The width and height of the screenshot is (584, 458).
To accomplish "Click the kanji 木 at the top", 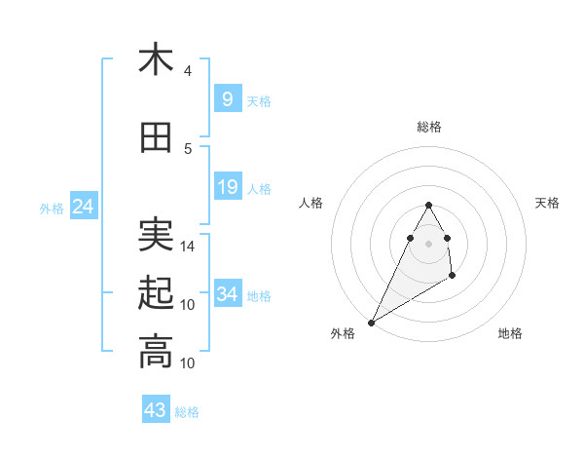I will click(156, 59).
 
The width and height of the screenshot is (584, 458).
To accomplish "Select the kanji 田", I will click(156, 138).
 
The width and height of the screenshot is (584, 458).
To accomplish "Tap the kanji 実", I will click(156, 233).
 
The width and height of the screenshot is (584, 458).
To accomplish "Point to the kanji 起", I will click(156, 292).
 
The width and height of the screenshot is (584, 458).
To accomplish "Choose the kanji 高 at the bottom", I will click(156, 351).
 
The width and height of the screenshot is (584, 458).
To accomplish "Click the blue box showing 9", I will click(227, 98).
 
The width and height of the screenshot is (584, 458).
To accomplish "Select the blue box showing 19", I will click(227, 187).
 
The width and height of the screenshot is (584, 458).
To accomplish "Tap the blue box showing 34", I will click(227, 294).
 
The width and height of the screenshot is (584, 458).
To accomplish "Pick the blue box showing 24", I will click(83, 206).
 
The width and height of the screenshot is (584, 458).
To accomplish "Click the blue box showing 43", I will click(155, 409).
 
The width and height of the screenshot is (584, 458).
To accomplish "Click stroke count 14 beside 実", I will click(188, 247).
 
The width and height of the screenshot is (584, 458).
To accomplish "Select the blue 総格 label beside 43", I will click(187, 412).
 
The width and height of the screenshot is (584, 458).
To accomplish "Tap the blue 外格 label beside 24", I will click(52, 208).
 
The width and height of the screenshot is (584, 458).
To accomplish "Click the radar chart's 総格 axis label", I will click(428, 127).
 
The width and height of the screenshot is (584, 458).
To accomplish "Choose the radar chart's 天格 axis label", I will click(547, 203).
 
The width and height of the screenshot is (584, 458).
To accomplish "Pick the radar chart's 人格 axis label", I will click(310, 203).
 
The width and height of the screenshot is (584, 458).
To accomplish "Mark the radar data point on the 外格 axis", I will click(371, 322).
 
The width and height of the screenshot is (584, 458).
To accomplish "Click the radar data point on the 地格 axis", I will click(453, 277).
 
